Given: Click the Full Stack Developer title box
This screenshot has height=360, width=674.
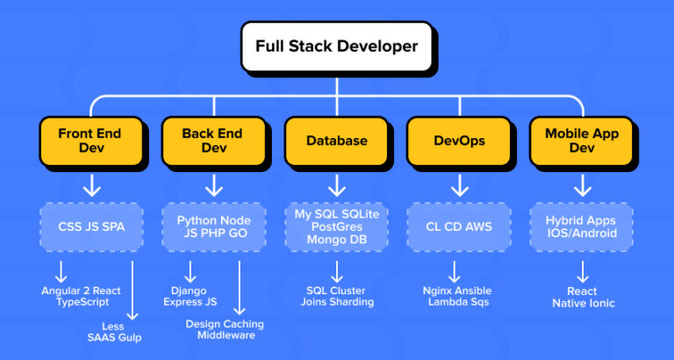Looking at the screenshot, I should point(337,47).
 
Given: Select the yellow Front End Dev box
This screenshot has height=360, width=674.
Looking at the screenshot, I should point(90,140).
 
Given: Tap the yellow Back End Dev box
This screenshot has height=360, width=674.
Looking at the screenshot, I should point(213,140).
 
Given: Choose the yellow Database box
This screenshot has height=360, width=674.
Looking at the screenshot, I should point(336,140).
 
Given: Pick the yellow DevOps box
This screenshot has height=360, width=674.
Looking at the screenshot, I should point(460,140).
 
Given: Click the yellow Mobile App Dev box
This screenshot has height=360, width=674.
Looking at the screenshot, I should point(582,140).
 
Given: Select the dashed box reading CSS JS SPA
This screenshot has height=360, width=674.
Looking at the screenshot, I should point(90,227).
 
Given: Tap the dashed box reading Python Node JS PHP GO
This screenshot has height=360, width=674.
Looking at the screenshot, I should point(213,227).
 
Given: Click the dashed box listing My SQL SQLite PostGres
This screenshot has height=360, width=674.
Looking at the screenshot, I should point(336,227).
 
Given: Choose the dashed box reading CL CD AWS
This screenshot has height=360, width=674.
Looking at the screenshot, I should point(460,227).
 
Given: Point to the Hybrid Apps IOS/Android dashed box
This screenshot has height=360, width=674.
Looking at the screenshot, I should point(582,227).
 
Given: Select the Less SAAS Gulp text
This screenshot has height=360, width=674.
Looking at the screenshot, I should point(128,332).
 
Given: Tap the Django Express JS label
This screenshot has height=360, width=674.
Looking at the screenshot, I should point(195,296).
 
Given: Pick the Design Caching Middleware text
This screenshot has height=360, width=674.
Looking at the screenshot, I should point(225,329).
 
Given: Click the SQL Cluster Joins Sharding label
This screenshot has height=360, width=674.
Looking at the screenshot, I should point(336,296).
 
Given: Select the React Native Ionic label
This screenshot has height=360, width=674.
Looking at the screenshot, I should point(582,297).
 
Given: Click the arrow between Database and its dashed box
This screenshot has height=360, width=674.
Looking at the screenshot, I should point(336,184).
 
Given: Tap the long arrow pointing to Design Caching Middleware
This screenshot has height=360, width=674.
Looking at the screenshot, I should point(239,285).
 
